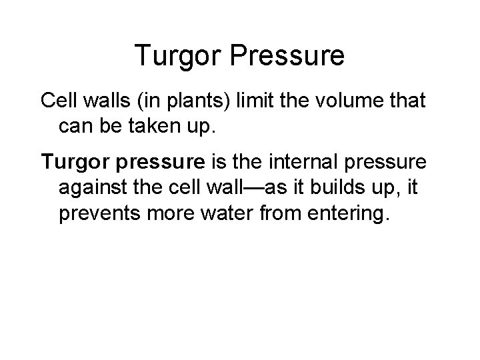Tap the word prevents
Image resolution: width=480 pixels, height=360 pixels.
coord(101,214)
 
